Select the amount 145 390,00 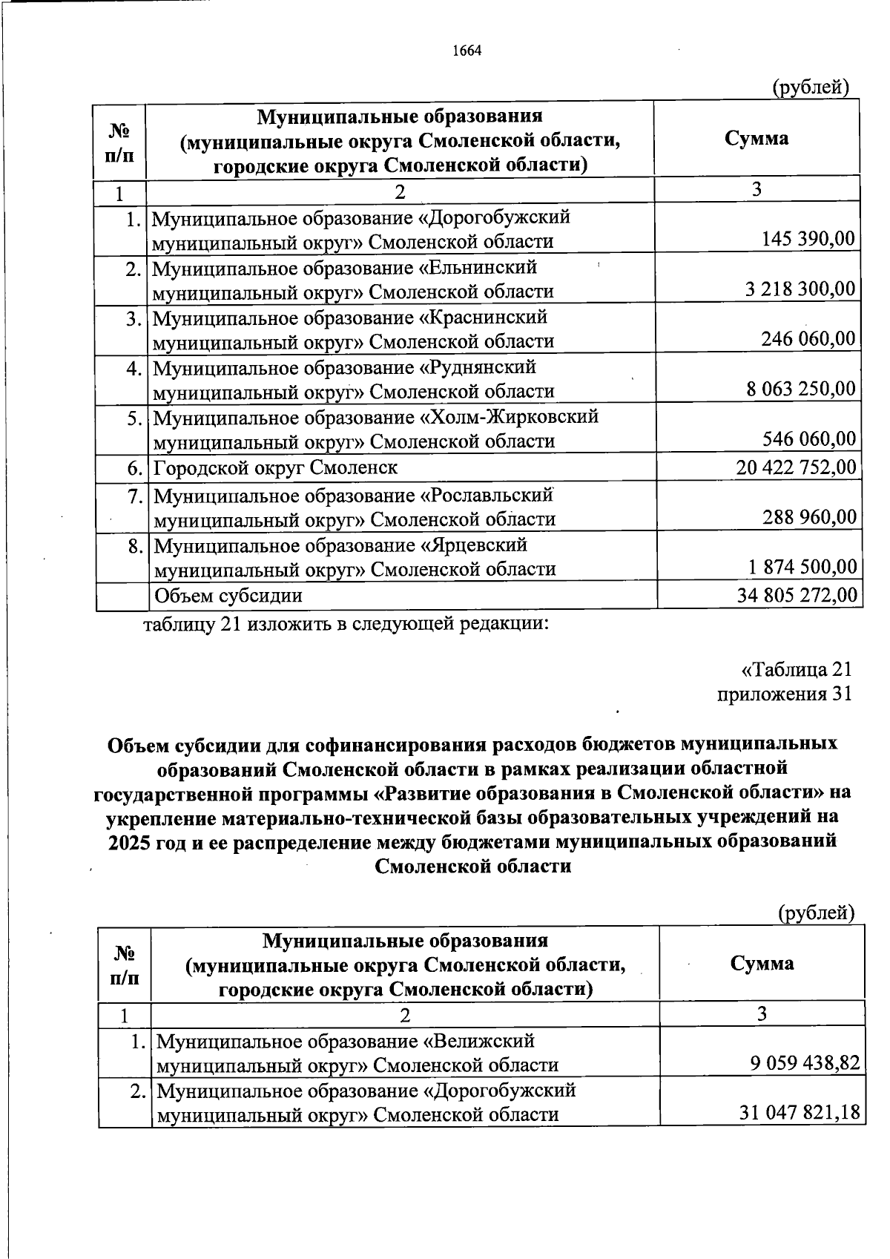click(808, 239)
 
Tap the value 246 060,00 click(808, 339)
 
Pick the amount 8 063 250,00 click(800, 389)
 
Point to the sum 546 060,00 click(808, 439)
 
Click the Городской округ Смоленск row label click(275, 468)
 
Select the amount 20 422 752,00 click(796, 467)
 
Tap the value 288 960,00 click(809, 517)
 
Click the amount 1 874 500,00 click(802, 568)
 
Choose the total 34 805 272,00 click(797, 595)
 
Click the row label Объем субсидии click(228, 596)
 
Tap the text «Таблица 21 click(797, 669)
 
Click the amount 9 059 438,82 click(804, 1065)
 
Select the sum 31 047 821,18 click(800, 1114)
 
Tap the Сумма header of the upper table click(756, 139)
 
